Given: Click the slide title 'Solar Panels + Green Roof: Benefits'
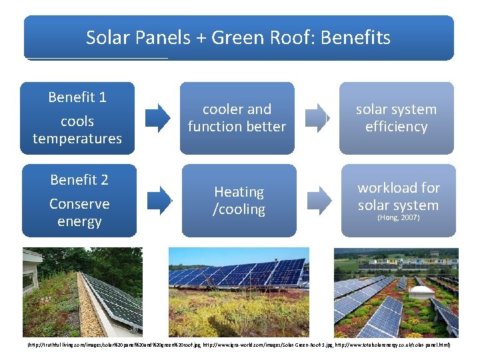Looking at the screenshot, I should (238, 38).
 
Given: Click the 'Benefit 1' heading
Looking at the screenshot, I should (77, 97).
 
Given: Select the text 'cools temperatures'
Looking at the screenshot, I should (77, 130).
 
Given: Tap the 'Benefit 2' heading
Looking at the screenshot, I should (79, 180).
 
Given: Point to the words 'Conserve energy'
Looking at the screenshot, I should (79, 212).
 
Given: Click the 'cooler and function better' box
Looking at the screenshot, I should (237, 118).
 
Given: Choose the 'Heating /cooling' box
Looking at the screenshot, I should (239, 201).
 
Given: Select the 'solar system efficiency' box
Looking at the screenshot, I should (396, 118).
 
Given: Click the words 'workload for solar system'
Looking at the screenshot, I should (398, 197).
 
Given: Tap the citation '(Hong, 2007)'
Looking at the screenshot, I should (398, 218).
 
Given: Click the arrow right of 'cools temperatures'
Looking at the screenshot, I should (158, 118).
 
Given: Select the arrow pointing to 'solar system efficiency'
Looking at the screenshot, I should (317, 117).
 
